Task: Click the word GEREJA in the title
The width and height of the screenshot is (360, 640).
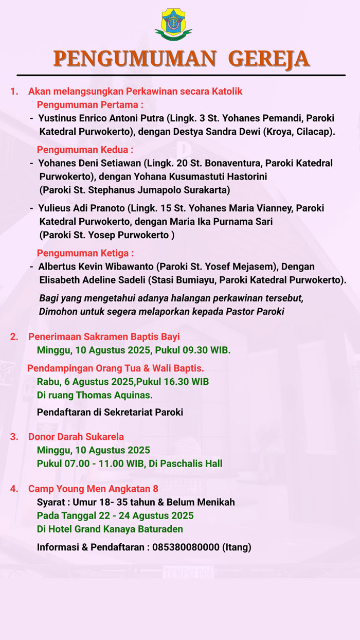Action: pos(268,59)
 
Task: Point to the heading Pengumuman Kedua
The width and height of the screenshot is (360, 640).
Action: pos(85,150)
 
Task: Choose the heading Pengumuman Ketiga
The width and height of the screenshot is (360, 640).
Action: pos(85,253)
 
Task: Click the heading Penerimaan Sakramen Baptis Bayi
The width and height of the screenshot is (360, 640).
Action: pos(104,337)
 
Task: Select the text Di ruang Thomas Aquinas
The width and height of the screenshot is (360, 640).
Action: pos(95,395)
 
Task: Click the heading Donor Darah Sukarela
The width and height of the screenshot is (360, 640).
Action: pos(76,437)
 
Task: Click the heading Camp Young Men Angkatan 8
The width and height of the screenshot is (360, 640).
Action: pos(93,488)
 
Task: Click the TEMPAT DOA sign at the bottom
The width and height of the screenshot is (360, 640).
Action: pos(188,572)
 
